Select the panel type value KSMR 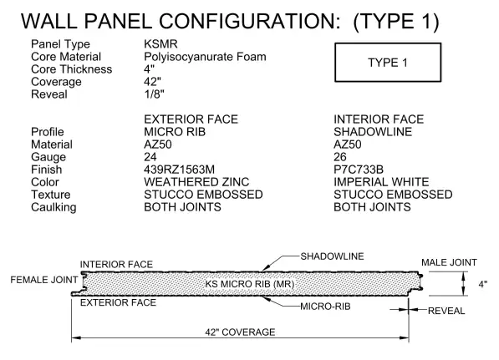coord(160,44)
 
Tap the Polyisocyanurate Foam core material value coord(205,57)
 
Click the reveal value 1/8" coord(154,94)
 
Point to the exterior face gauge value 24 coord(150,157)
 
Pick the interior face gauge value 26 coord(340,157)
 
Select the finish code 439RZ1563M coord(179,170)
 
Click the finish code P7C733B coord(359,170)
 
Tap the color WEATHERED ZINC coord(196,182)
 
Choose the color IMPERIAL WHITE coord(381,182)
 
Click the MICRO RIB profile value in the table coord(175,132)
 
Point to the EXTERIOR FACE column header coord(191,119)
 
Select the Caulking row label coord(53,207)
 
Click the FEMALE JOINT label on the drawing coord(44,280)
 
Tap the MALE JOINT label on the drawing coord(449,262)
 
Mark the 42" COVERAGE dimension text coord(240,332)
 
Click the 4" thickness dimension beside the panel coord(483,284)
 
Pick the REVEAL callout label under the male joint coord(446,311)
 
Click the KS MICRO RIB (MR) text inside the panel coord(249,284)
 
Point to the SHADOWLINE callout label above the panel coord(332,256)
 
